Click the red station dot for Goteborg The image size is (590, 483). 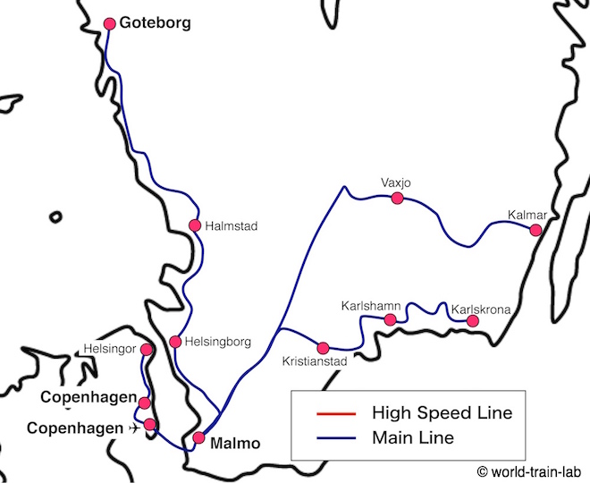[110, 23]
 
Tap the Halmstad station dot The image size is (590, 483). [194, 225]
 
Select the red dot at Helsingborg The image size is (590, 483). [175, 342]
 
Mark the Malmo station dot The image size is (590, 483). [198, 438]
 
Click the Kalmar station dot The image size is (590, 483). [535, 230]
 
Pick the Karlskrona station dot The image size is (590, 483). [473, 320]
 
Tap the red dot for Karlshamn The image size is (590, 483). [390, 319]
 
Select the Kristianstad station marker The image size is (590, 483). [324, 347]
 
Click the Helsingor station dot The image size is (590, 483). [147, 349]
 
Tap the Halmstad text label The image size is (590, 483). [231, 226]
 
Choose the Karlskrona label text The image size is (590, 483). [481, 309]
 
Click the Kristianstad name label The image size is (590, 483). [313, 361]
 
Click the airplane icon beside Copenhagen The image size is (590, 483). [134, 428]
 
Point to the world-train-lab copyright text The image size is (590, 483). [529, 470]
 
